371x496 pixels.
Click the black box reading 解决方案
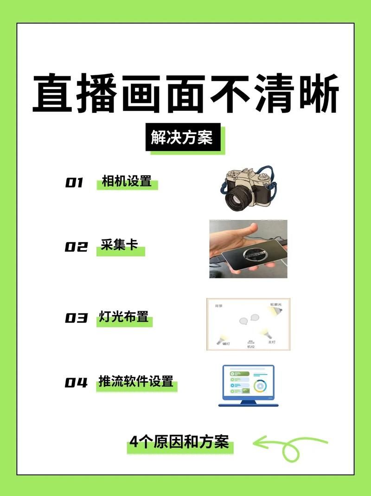pyautogui.click(x=182, y=138)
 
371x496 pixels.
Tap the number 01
pyautogui.click(x=74, y=183)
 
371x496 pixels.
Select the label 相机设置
pyautogui.click(x=127, y=181)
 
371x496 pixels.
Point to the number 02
pyautogui.click(x=76, y=247)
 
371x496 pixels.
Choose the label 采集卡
pyautogui.click(x=120, y=245)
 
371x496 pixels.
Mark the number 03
pyautogui.click(x=76, y=318)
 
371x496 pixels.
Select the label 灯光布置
pyautogui.click(x=123, y=317)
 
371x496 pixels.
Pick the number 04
pyautogui.click(x=76, y=383)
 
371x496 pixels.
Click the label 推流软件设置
pyautogui.click(x=136, y=381)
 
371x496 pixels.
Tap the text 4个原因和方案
pyautogui.click(x=179, y=442)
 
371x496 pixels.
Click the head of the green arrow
pyautogui.click(x=258, y=443)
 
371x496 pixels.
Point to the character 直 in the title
pyautogui.click(x=52, y=95)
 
